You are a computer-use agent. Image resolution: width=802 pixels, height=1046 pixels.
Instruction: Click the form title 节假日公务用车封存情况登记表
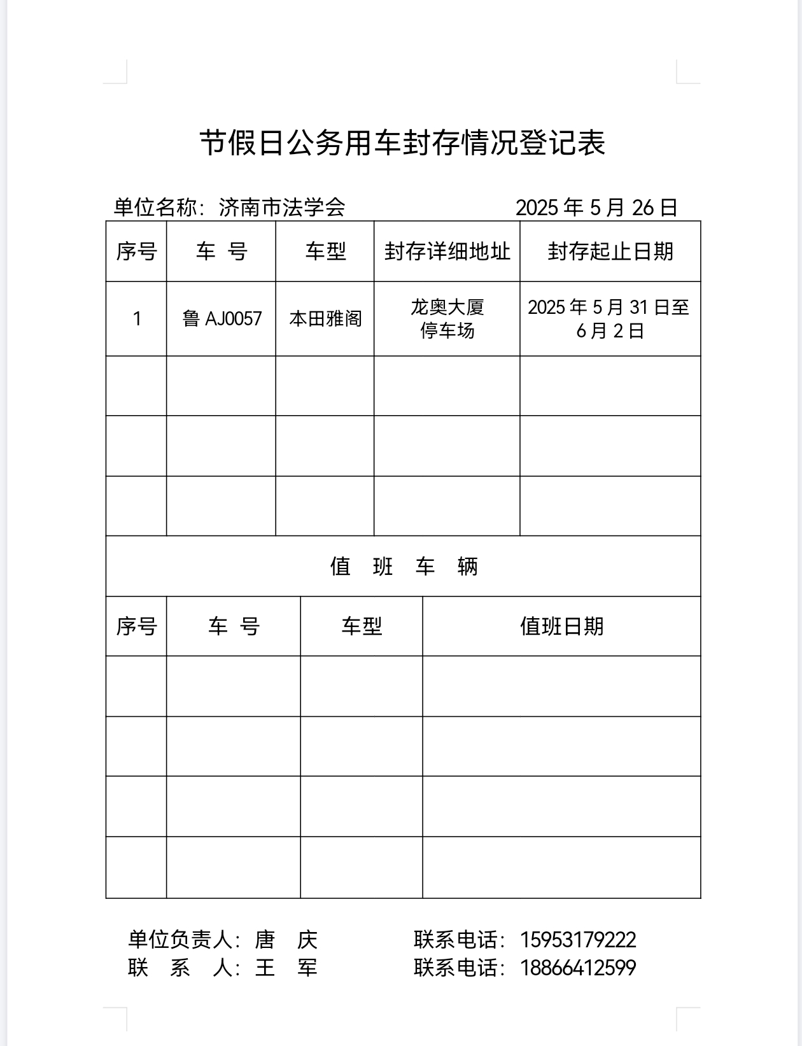[402, 143]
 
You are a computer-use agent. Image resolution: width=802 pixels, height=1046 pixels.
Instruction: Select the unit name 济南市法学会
[282, 208]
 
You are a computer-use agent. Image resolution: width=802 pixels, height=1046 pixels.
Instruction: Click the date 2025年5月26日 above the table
[596, 208]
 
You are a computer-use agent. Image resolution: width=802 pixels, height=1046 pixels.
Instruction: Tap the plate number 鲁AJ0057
[222, 318]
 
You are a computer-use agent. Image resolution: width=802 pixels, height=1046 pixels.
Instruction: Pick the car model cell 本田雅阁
[325, 318]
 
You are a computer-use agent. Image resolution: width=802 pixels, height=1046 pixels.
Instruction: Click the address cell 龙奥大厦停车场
[447, 318]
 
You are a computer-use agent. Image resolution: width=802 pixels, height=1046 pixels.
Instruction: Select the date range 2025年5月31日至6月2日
[609, 318]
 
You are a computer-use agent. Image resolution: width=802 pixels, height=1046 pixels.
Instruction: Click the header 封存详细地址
[447, 251]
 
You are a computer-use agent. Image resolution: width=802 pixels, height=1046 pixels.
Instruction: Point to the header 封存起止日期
[610, 251]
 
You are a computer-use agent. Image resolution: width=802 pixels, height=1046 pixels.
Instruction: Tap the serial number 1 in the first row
[136, 318]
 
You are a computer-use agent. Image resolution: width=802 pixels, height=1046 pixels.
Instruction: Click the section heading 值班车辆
[404, 566]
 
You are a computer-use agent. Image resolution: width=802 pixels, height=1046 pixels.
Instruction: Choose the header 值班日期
[561, 626]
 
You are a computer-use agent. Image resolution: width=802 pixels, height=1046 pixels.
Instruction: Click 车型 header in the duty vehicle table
[362, 626]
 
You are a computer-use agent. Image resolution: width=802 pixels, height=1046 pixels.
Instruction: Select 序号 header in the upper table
[136, 251]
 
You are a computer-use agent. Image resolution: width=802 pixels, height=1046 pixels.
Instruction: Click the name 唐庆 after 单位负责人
[286, 940]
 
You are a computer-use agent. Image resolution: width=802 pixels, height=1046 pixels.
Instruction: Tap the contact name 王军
[286, 968]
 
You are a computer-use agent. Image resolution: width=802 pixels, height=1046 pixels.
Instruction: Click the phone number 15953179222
[578, 940]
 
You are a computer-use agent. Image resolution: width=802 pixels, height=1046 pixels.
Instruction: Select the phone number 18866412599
[578, 968]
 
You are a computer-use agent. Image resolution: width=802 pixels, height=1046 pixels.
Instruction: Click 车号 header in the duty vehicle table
[234, 626]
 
